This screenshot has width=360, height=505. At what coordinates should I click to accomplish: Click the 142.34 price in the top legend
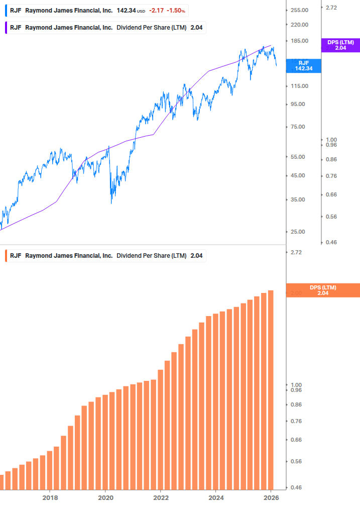(126, 10)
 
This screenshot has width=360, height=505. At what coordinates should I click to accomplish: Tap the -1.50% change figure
(175, 10)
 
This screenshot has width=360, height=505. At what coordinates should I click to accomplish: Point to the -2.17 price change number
(157, 10)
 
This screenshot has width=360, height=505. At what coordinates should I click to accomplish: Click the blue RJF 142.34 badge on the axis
(303, 65)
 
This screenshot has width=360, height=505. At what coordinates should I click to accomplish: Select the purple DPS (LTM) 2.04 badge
(340, 45)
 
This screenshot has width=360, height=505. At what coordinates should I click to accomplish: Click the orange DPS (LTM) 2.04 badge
(322, 290)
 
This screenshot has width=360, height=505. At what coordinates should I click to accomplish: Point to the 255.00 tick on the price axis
(299, 10)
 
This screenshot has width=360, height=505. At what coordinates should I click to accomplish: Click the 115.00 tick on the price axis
(299, 86)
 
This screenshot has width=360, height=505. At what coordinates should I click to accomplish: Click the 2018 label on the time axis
(50, 497)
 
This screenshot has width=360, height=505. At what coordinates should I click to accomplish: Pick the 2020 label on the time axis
(105, 497)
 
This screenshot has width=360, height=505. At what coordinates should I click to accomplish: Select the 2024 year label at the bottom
(216, 497)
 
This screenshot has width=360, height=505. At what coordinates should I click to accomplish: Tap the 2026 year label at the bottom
(271, 497)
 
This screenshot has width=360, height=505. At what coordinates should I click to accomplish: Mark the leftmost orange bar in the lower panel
(2, 482)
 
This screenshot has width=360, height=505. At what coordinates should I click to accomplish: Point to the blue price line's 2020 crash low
(111, 202)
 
